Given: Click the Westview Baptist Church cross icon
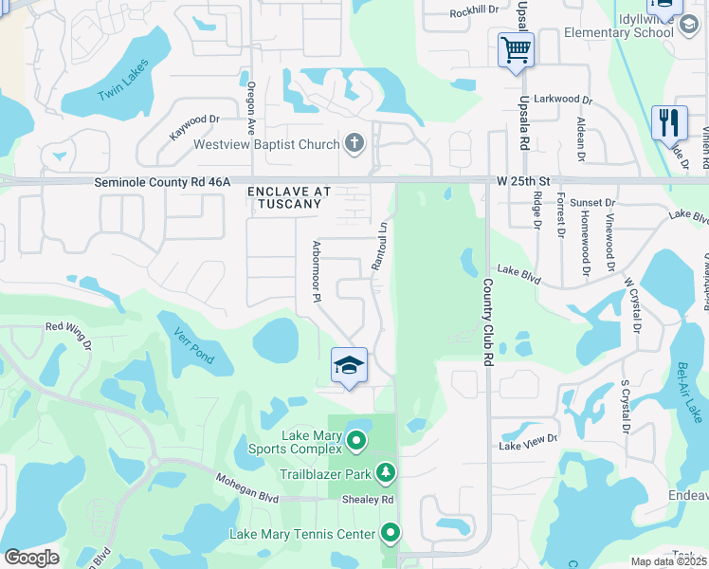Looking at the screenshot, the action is click(354, 144).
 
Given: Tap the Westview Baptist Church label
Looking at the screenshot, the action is click(266, 145).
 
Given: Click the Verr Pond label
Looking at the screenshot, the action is click(193, 345).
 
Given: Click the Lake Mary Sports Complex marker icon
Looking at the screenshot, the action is click(356, 440).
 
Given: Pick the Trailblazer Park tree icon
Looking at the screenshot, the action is click(385, 471).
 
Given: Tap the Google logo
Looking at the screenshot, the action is click(31, 558).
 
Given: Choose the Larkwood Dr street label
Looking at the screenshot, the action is click(563, 100).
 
